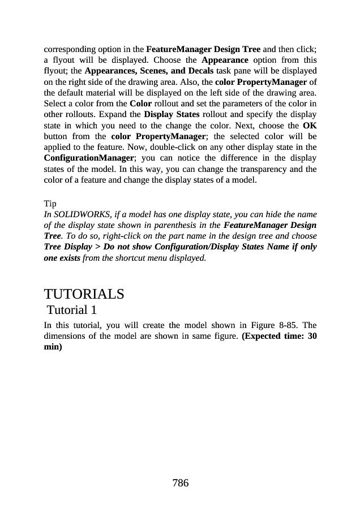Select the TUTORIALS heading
click(x=84, y=295)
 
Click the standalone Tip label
click(x=50, y=203)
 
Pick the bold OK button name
click(x=310, y=126)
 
